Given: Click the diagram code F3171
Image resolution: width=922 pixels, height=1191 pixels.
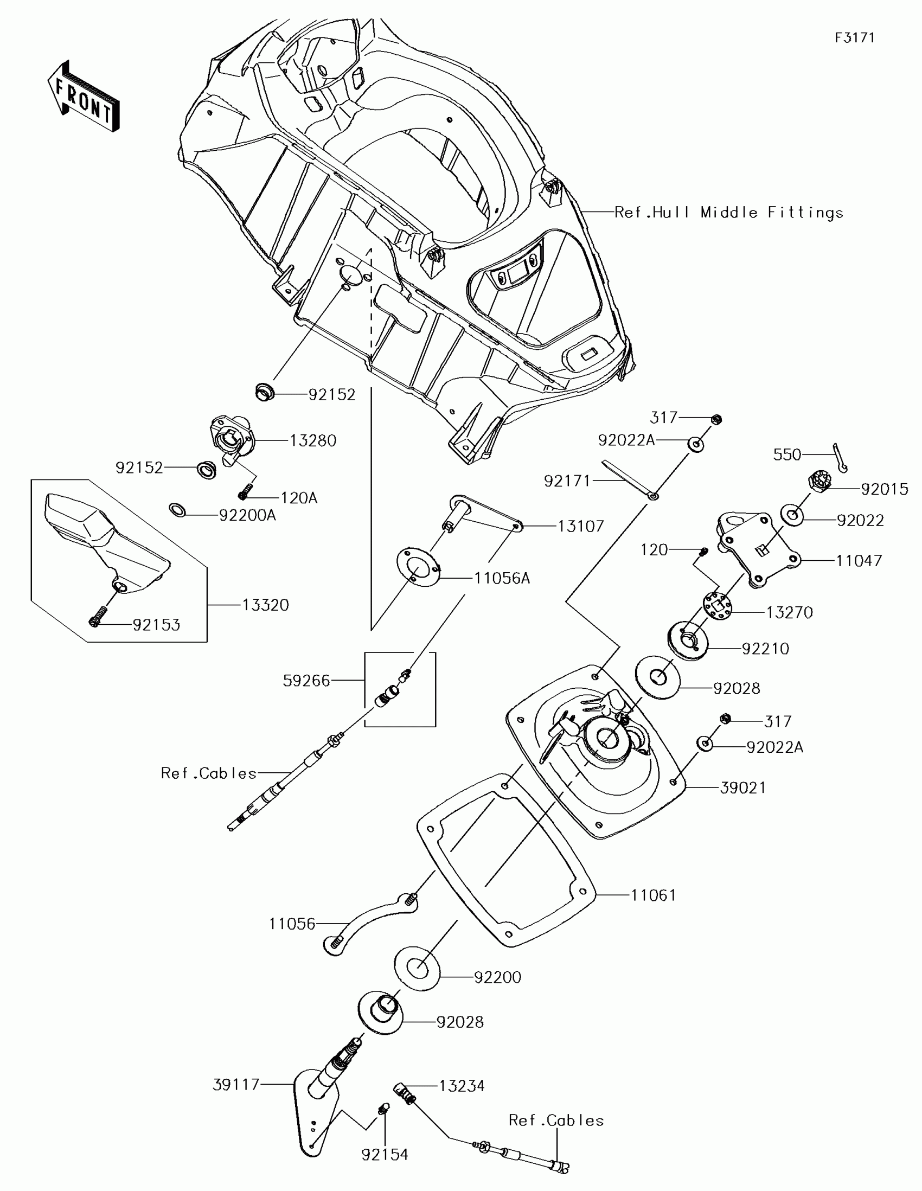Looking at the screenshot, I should (854, 37).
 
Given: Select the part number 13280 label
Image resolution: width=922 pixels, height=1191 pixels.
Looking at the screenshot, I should (312, 440).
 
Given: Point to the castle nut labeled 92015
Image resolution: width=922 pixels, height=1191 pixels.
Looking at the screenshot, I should (818, 482).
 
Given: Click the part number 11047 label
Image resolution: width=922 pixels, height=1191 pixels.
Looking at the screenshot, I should (859, 560).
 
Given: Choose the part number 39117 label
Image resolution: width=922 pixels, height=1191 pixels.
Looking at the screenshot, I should (236, 1085).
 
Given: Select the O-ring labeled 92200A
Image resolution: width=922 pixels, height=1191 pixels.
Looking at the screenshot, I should (177, 510).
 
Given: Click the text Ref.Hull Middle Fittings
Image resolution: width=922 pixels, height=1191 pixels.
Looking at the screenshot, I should (728, 212).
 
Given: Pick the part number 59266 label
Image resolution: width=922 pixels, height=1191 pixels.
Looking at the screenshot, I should (306, 680).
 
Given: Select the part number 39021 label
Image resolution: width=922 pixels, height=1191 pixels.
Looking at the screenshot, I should (742, 787).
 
